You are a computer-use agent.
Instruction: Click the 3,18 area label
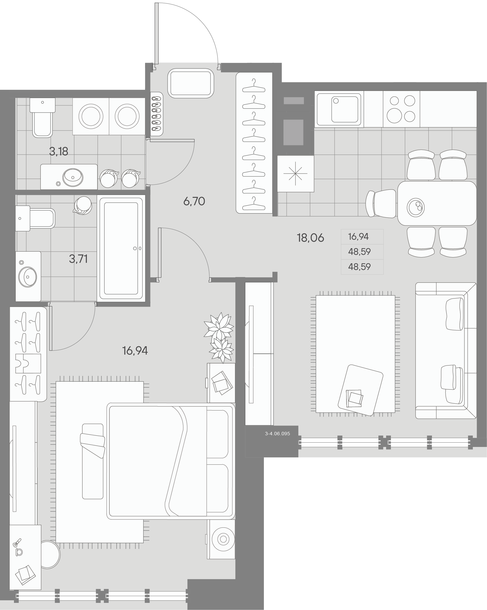pyautogui.click(x=58, y=152)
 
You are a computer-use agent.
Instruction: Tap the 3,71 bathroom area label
pyautogui.click(x=78, y=259)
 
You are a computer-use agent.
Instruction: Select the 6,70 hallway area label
pyautogui.click(x=194, y=202)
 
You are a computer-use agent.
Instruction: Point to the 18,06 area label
pyautogui.click(x=310, y=238)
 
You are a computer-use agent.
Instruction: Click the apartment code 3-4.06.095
pyautogui.click(x=277, y=434)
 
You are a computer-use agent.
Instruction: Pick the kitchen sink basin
pyautogui.click(x=345, y=109)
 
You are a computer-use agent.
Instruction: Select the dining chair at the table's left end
pyautogui.click(x=381, y=204)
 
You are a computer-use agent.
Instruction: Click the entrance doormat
pyautogui.click(x=191, y=84)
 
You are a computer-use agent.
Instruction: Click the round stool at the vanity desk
pyautogui.click(x=49, y=554)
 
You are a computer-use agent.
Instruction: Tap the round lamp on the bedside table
pyautogui.click(x=223, y=539)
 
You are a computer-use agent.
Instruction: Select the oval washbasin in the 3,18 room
pyautogui.click(x=73, y=177)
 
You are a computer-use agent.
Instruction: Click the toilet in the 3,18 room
pyautogui.click(x=42, y=117)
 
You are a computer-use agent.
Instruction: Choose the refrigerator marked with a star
pyautogui.click(x=296, y=174)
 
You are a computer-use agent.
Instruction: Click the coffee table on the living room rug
pyautogui.click(x=360, y=390)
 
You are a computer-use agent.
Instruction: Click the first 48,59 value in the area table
pyautogui.click(x=359, y=252)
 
